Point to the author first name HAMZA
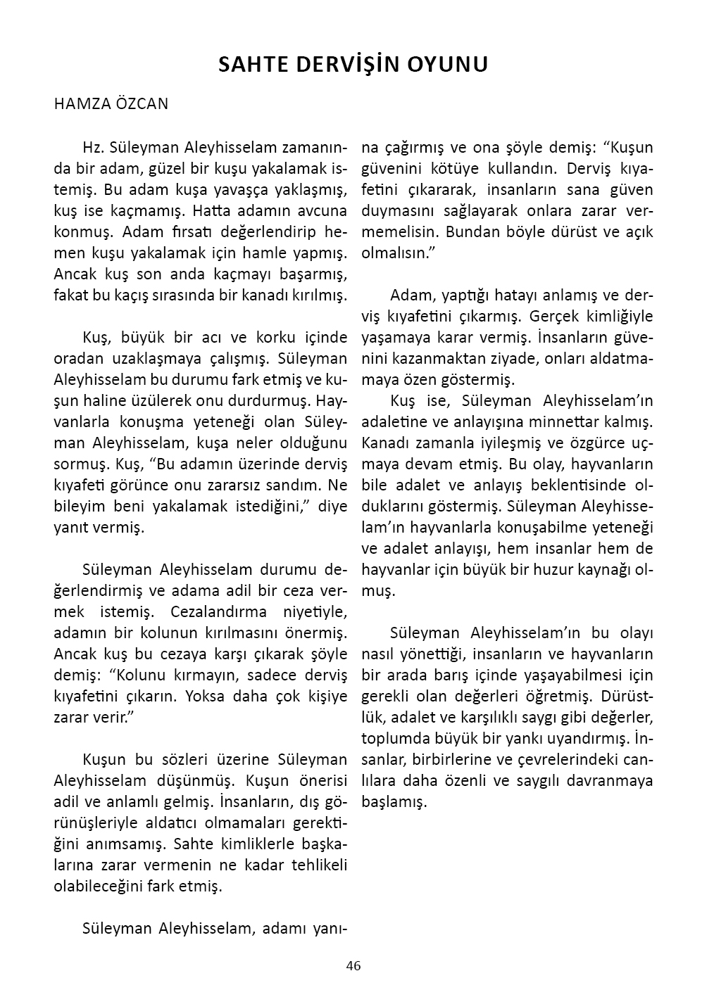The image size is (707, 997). coord(77,104)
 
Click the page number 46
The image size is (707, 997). coord(353,966)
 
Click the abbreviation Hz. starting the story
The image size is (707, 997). coord(92,148)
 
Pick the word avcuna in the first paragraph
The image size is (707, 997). coord(323,211)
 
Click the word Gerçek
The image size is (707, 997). coord(551,317)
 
